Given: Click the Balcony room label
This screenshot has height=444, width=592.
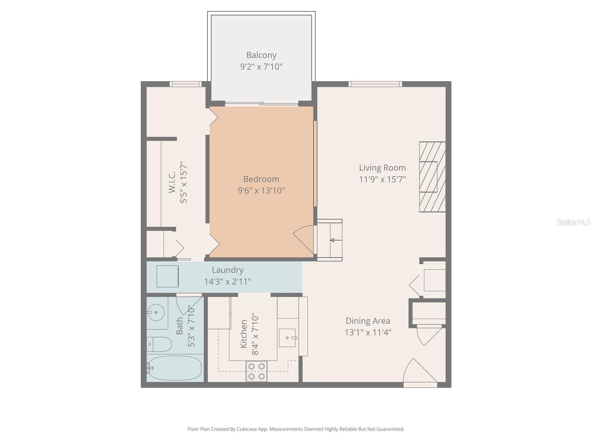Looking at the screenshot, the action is pyautogui.click(x=261, y=55).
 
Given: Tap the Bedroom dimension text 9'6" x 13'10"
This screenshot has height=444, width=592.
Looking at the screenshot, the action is pyautogui.click(x=261, y=191).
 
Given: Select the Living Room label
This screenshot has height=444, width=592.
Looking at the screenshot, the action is pyautogui.click(x=382, y=168).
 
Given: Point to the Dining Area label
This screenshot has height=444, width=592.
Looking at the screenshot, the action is pyautogui.click(x=368, y=321).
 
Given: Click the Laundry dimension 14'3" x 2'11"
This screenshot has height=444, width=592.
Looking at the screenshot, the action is pyautogui.click(x=227, y=282).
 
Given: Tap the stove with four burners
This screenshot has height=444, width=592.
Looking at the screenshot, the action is pyautogui.click(x=256, y=371).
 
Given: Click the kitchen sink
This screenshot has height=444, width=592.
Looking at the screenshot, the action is pyautogui.click(x=287, y=337).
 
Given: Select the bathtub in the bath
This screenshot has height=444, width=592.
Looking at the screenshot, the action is pyautogui.click(x=175, y=368).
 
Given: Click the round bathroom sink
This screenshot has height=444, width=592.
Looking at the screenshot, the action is pyautogui.click(x=156, y=313).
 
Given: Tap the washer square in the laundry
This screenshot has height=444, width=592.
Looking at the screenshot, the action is pyautogui.click(x=168, y=276).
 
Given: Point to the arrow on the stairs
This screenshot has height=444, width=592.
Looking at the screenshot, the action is pyautogui.click(x=336, y=240).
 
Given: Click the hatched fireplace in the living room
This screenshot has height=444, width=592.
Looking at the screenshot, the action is pyautogui.click(x=432, y=177).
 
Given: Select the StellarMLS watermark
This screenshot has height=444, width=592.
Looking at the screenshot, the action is pyautogui.click(x=573, y=222).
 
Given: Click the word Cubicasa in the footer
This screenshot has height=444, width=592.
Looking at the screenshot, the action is pyautogui.click(x=247, y=429).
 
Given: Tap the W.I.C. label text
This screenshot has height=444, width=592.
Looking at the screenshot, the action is pyautogui.click(x=172, y=182).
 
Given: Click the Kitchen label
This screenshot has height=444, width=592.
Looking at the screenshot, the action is pyautogui.click(x=243, y=334).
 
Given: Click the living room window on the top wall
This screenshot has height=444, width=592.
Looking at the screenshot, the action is pyautogui.click(x=375, y=84).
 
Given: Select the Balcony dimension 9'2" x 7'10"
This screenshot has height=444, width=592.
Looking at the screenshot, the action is pyautogui.click(x=261, y=67).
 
